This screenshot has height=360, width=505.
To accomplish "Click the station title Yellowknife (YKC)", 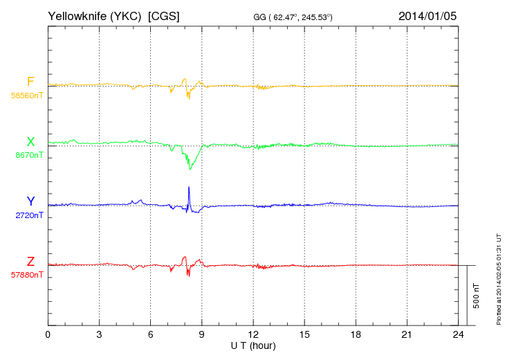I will point(95,15).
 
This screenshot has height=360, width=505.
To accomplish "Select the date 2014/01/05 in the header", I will point(428,15).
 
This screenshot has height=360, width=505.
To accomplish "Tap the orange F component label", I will point(30,82).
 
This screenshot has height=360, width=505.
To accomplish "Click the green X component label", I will point(30,142).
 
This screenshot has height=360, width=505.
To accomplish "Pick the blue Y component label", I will point(30,201).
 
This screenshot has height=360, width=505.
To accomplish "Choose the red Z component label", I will point(30,261).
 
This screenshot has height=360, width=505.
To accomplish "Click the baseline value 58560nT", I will point(26,96).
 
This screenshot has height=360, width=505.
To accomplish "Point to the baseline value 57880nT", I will point(26,275).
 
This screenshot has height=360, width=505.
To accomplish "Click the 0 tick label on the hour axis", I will point(48,335).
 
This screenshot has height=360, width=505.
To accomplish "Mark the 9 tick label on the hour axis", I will point(201,335).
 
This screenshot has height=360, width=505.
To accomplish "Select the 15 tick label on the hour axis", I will point(304,335).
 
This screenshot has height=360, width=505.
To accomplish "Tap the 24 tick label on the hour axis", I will point(458,335).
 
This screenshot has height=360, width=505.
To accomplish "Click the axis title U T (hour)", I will point(252,345).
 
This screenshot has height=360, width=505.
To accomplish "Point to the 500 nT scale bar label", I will point(476,295).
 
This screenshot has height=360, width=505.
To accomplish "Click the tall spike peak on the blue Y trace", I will point(189,188).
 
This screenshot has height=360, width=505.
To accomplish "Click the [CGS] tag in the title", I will point(164,15).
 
